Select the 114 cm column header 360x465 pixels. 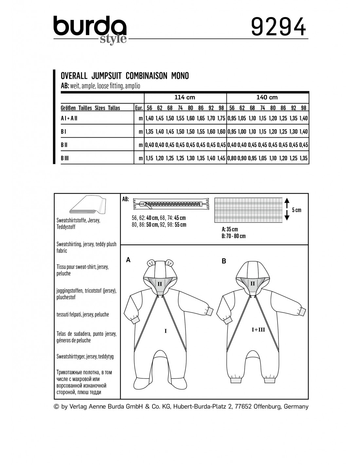tap(185, 97)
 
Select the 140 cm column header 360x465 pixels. tap(267, 97)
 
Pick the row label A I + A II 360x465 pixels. tap(69, 118)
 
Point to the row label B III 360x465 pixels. tap(65, 158)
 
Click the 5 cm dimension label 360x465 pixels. tap(297, 210)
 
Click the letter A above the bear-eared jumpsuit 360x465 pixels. tap(128, 260)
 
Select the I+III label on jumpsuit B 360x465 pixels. tap(258, 330)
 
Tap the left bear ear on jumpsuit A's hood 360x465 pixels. tap(151, 262)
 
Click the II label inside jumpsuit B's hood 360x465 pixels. tap(252, 284)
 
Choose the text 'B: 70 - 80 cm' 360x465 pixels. tap(233, 236)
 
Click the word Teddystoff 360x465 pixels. tap(66, 227)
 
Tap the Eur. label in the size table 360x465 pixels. tap(139, 108)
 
